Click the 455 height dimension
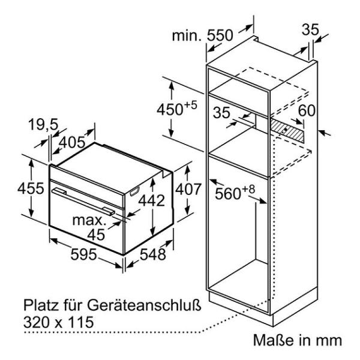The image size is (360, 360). coord(31,188)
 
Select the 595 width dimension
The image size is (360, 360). coord(83,254)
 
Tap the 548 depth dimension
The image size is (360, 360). coord(152,254)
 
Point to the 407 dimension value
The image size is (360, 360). coord(188,189)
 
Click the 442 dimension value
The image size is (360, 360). coord(152,200)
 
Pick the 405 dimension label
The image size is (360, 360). coord(72,142)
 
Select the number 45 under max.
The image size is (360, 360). coord(96,235)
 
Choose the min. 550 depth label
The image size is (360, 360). coord(203,36)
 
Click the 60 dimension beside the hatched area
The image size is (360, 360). coord(307,110)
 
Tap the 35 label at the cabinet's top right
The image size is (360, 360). coord(310,29)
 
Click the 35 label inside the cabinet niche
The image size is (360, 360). coord(221,113)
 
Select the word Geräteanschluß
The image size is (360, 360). coord(144,305)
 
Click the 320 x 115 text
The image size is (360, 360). coord(59,322)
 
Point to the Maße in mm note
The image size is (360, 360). coord(298,340)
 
